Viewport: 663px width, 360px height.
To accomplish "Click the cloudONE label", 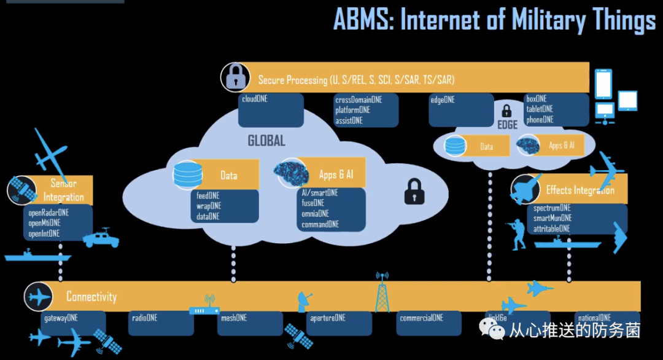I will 254,98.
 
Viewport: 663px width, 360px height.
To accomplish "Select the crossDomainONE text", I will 359,100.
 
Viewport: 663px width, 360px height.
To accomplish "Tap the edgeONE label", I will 443,100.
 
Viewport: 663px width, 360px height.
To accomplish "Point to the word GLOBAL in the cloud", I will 266,141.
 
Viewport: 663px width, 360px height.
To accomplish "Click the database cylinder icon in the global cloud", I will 187,174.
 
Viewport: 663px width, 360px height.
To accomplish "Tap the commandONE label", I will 320,225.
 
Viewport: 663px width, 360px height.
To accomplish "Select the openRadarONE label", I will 48,213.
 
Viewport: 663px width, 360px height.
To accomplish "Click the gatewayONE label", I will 60,318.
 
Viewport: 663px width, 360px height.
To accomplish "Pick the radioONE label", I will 144,318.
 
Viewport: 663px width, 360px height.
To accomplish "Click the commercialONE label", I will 421,318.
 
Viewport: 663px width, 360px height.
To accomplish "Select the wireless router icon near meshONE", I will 204,309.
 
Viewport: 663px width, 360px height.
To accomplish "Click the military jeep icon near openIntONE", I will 101,237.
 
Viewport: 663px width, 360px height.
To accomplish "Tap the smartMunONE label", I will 552,218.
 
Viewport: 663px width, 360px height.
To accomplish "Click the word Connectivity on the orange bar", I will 91,297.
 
